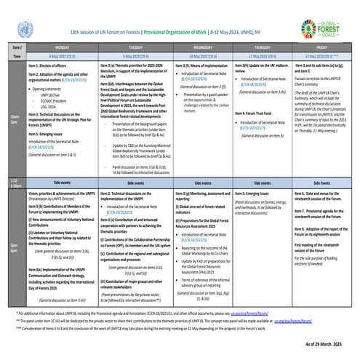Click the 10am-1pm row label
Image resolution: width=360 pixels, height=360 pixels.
pyautogui.click(x=14, y=117)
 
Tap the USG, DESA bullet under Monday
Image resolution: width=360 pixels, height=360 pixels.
pyautogui.click(x=49, y=104)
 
